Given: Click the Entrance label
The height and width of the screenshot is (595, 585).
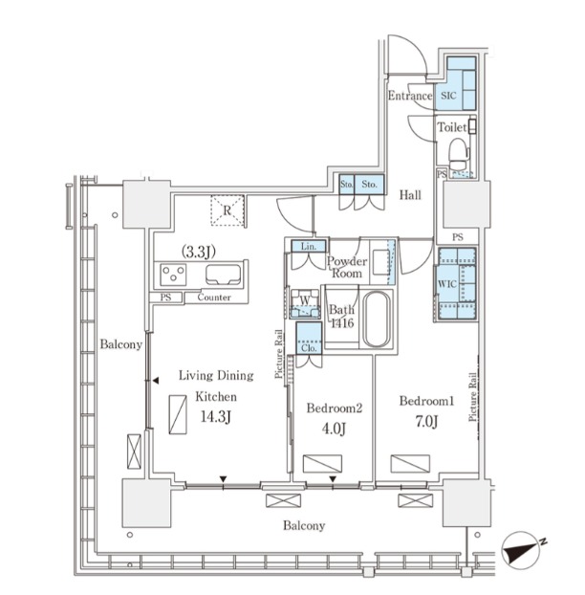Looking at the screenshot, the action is click(x=410, y=96).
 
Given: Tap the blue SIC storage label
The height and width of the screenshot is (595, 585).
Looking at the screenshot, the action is click(x=448, y=96).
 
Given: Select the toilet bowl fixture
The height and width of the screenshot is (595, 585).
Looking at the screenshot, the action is click(x=458, y=153).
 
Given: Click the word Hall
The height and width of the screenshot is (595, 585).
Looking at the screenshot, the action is click(x=410, y=195).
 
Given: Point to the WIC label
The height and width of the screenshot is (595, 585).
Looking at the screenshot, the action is click(x=447, y=283).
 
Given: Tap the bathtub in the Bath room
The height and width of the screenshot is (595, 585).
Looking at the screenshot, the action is click(x=377, y=320).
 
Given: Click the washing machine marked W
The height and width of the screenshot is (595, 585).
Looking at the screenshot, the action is click(x=305, y=303).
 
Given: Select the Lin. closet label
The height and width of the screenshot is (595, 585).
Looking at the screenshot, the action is click(x=308, y=247).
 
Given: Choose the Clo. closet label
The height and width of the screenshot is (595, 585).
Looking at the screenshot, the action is click(x=309, y=347).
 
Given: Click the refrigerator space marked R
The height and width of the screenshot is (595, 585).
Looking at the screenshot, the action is click(x=227, y=210).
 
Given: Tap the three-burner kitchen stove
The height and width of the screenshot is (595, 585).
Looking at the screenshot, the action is click(x=173, y=274).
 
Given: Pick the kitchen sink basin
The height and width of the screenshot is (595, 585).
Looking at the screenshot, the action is click(x=224, y=275).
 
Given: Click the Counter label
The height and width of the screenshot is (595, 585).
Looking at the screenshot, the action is click(x=214, y=297).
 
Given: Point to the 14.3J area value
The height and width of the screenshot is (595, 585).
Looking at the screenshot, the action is click(x=216, y=417).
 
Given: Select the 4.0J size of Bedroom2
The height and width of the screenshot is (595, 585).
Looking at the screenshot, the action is click(x=334, y=429).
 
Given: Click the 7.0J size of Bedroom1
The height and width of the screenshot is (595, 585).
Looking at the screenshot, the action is click(x=427, y=422).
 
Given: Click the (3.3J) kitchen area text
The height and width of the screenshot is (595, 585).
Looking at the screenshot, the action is click(x=198, y=252).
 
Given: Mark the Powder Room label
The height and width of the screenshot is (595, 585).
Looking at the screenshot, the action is click(x=347, y=267).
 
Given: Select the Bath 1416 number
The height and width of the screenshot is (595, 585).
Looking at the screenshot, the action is click(x=342, y=323).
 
